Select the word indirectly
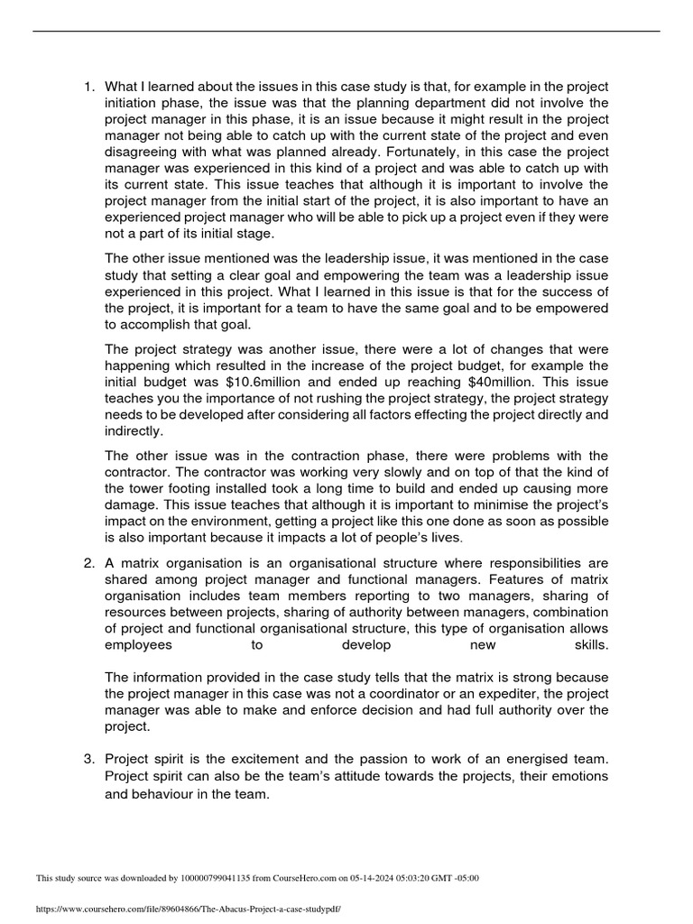pyautogui.click(x=134, y=430)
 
